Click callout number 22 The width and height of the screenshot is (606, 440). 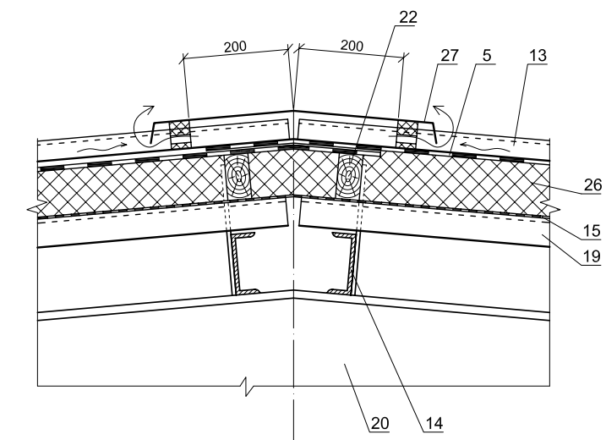click(x=408, y=18)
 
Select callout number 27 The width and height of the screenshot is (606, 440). click(x=449, y=56)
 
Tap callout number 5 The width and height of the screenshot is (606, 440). click(x=487, y=56)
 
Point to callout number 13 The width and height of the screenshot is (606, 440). click(x=538, y=56)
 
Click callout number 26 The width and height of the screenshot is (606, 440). click(x=592, y=185)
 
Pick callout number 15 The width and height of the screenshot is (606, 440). click(x=592, y=231)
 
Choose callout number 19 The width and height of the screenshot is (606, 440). click(x=592, y=256)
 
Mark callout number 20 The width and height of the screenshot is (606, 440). click(x=379, y=423)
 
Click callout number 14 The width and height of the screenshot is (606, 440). click(x=434, y=423)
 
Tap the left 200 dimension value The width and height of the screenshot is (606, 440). click(x=235, y=47)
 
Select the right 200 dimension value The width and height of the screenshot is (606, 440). click(x=352, y=46)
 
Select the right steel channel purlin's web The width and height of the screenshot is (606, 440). click(x=352, y=263)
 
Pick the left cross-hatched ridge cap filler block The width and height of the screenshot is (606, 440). click(x=180, y=135)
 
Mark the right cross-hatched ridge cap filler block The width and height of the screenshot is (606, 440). click(x=407, y=135)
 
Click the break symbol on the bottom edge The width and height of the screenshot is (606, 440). click(x=248, y=386)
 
